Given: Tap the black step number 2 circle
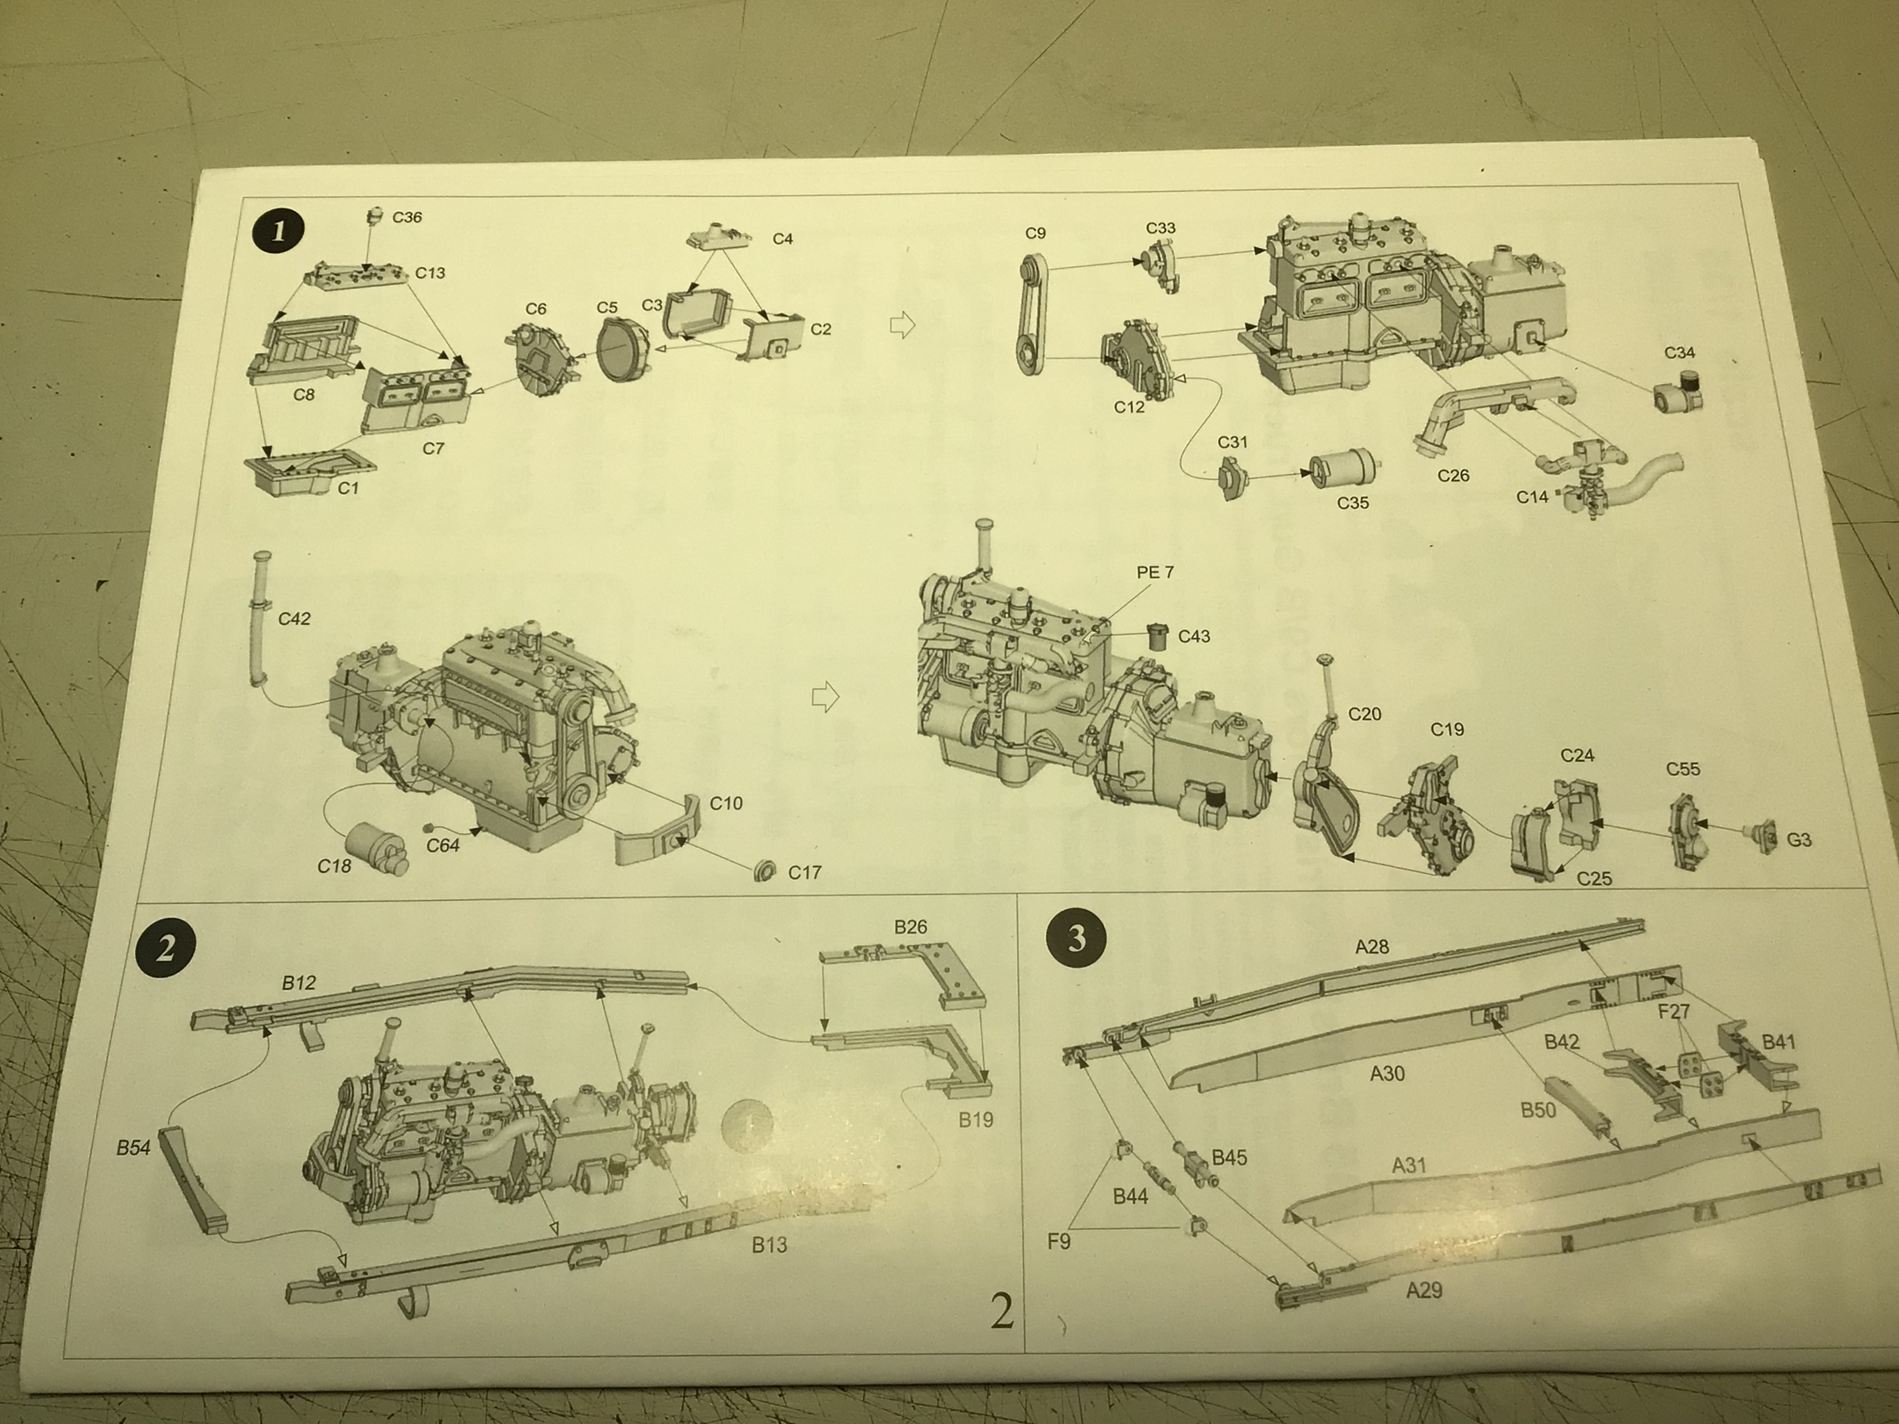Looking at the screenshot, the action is click(x=165, y=947).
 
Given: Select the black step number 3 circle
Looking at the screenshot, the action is click(x=1076, y=938).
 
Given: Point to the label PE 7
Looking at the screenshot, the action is click(x=1155, y=572).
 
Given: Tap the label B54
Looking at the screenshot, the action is click(x=134, y=1148).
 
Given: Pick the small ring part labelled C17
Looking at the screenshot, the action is click(x=762, y=870).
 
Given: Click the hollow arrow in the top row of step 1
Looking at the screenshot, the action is click(x=902, y=325).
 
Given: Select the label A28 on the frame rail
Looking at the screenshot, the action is click(x=1372, y=947).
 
